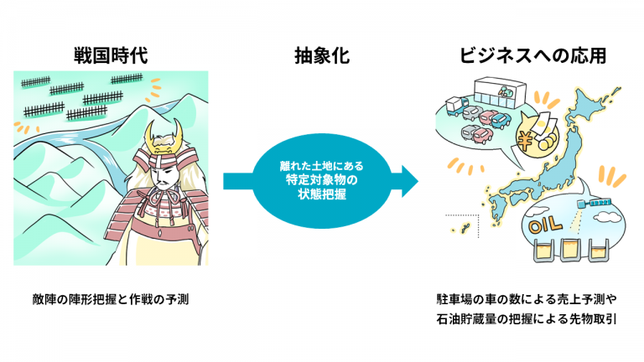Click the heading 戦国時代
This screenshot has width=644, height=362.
[111, 55]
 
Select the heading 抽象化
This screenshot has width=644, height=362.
[322, 55]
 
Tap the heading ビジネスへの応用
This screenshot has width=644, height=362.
[532, 55]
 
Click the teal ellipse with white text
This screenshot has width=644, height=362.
[322, 181]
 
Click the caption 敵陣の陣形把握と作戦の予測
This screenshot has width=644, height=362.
[111, 299]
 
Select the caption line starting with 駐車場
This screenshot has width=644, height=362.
[526, 299]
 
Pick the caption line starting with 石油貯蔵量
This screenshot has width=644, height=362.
[526, 319]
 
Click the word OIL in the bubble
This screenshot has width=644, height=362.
[545, 225]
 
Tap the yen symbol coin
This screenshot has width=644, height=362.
[525, 141]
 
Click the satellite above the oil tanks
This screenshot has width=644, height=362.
[594, 202]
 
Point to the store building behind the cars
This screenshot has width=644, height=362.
[501, 91]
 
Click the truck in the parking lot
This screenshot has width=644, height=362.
[456, 106]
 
